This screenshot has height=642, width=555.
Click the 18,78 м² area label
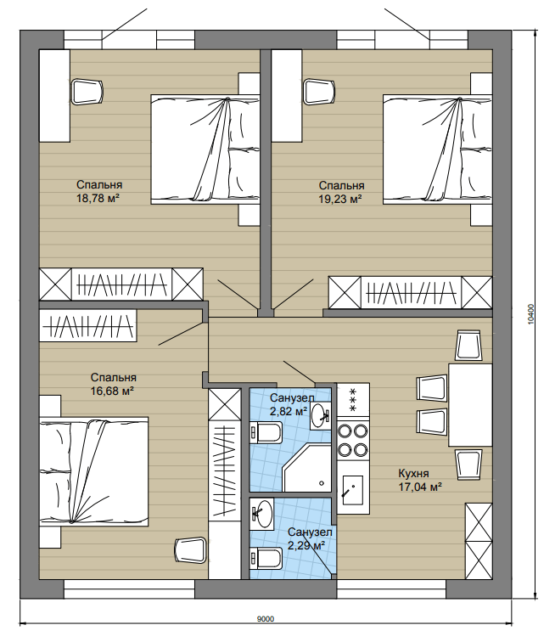click(98, 199)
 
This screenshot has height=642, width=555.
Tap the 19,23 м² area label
click(340, 200)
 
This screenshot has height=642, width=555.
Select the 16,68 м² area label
click(112, 391)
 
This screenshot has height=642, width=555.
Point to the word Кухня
click(413, 473)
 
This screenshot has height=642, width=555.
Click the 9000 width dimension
click(266, 619)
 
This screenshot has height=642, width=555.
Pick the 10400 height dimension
click(531, 314)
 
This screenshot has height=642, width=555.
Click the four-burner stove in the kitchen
click(353, 440)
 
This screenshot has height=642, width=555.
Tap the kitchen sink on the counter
click(352, 490)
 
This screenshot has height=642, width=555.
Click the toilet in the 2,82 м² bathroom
click(266, 432)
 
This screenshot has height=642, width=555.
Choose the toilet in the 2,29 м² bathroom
click(266, 558)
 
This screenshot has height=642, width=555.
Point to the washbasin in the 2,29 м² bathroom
click(262, 514)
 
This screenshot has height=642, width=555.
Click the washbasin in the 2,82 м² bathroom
click(320, 415)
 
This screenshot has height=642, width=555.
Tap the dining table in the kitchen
click(470, 404)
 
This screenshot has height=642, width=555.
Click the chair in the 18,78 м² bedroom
click(87, 92)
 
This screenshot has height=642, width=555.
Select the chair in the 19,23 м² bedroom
click(319, 92)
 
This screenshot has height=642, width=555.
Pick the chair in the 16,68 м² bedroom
click(190, 550)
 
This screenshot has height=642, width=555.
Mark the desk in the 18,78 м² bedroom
click(54, 96)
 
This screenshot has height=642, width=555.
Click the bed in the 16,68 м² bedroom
click(93, 471)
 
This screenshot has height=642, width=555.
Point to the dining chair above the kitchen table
click(468, 346)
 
